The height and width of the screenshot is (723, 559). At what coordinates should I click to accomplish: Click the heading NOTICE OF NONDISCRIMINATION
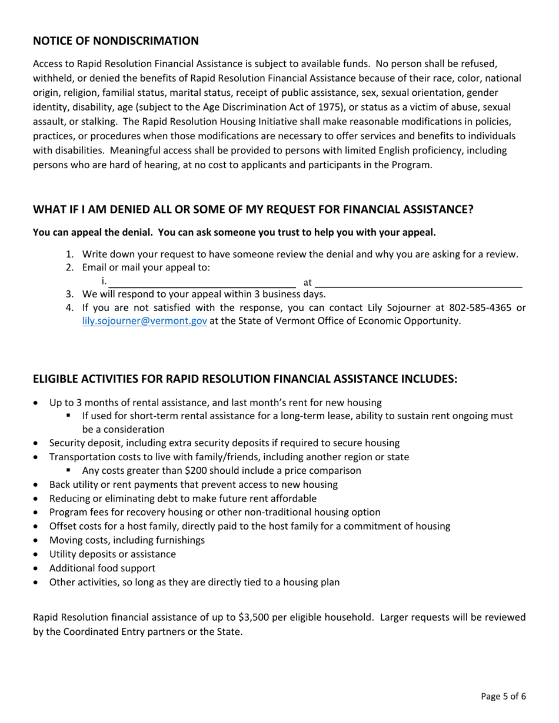[x=115, y=41]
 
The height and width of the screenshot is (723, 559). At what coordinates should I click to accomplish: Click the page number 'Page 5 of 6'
[x=503, y=697]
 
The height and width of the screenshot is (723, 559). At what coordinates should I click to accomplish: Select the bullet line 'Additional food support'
[x=102, y=568]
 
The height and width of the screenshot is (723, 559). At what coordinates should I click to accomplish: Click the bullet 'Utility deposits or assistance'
[x=112, y=554]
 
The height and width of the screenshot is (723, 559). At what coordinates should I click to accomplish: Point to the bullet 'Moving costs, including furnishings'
[x=127, y=540]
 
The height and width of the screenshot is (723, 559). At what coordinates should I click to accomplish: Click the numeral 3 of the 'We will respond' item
[x=68, y=294]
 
